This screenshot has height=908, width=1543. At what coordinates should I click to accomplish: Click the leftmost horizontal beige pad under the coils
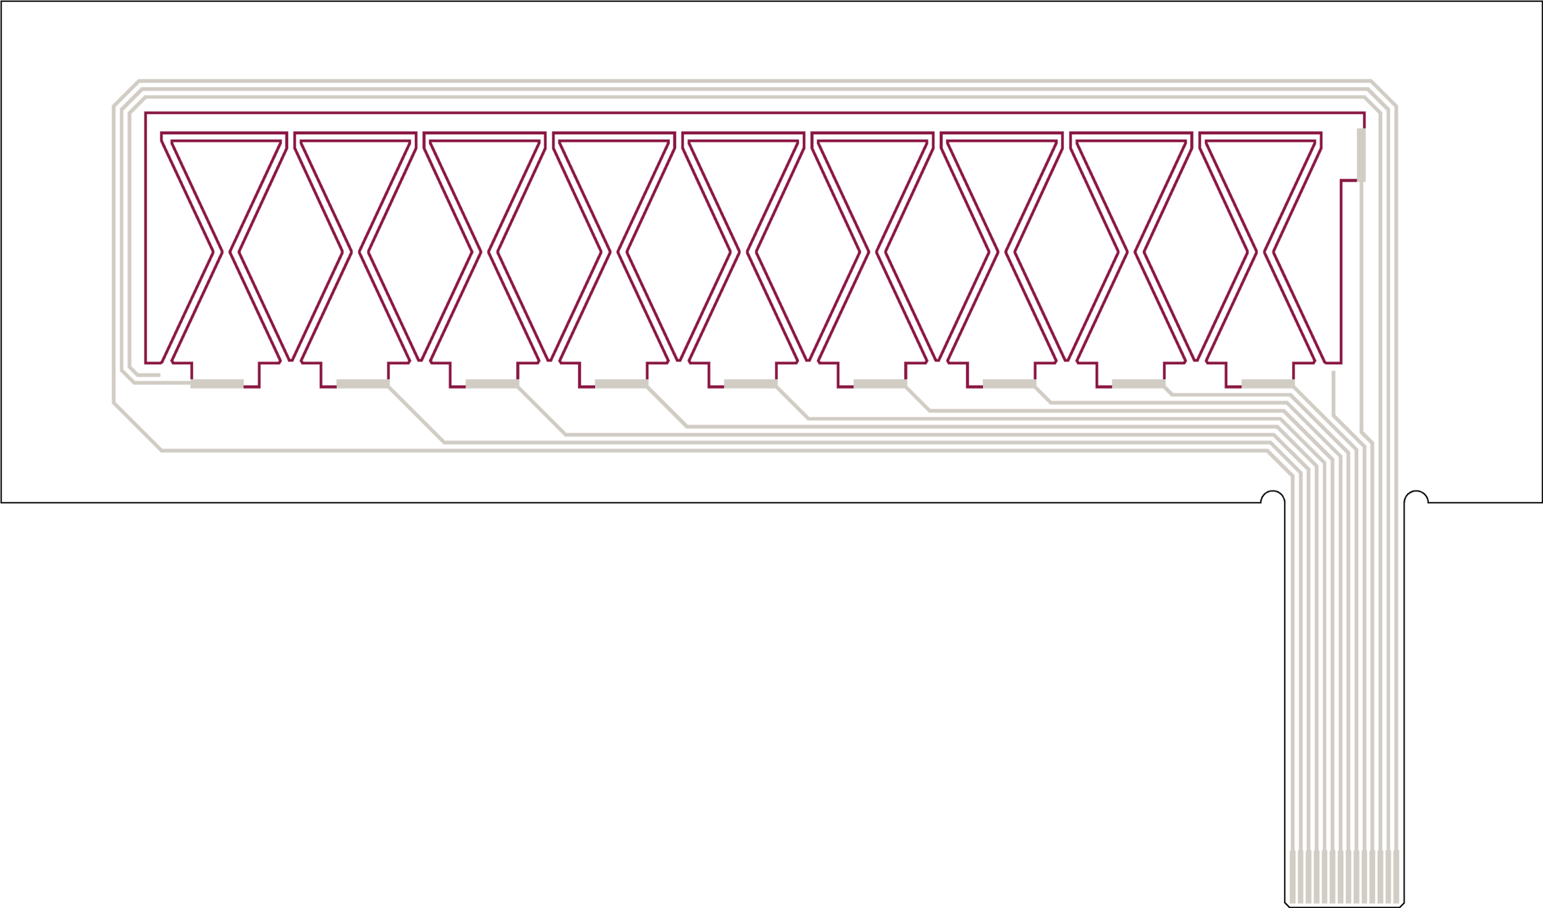[x=217, y=384]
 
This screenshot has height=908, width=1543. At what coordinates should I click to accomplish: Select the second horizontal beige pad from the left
[x=363, y=384]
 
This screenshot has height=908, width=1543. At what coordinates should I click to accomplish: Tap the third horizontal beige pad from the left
[x=493, y=384]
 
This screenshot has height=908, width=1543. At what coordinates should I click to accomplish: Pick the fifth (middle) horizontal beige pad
[x=751, y=384]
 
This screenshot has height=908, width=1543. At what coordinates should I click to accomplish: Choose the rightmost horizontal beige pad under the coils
[x=1268, y=384]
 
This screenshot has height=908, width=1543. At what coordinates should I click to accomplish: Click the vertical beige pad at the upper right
[x=1361, y=155]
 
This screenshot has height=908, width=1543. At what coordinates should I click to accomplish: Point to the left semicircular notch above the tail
[x=1272, y=498]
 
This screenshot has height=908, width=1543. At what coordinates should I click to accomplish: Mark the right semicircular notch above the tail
[x=1416, y=498]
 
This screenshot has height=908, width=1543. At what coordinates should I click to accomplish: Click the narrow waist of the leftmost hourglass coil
[x=226, y=252]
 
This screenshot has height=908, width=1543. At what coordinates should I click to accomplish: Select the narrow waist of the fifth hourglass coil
[x=744, y=252]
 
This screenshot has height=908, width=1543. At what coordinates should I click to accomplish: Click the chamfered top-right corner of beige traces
[x=1383, y=93]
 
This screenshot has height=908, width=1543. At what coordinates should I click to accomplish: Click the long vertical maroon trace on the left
[x=146, y=236]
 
